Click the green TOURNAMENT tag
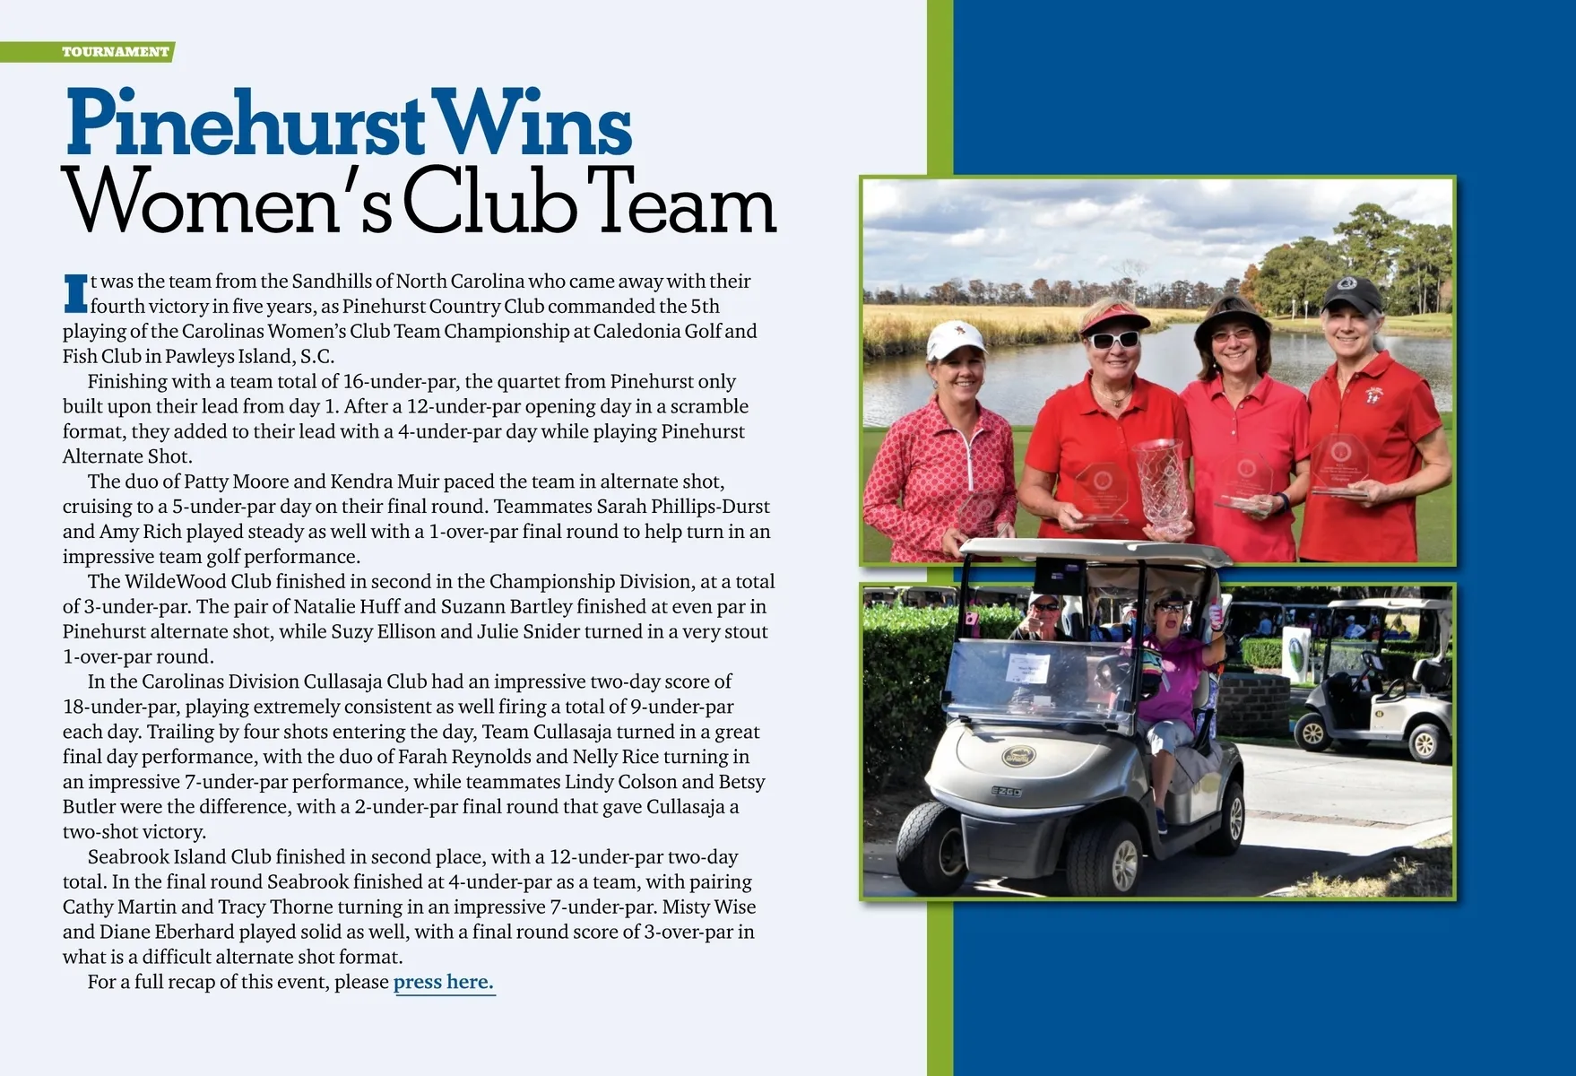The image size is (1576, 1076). tap(115, 52)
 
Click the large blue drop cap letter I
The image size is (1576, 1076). tap(76, 294)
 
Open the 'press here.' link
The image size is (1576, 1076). tap(444, 982)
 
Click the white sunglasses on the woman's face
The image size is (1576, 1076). tap(1114, 340)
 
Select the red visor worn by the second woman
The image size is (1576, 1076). tap(1114, 318)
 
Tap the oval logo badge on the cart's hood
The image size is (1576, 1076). tap(1017, 756)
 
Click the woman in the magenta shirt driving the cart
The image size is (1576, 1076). tap(1173, 672)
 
